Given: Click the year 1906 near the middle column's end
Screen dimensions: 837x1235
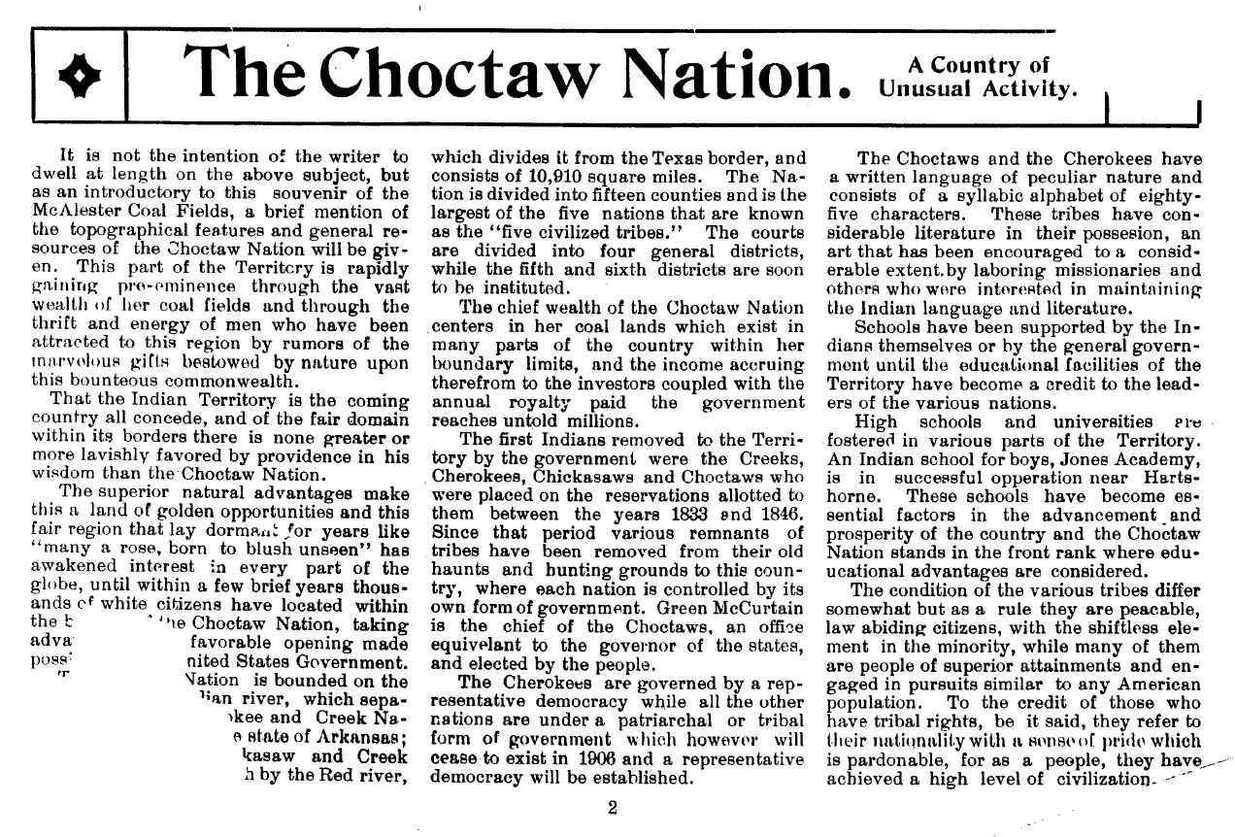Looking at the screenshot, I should click(x=565, y=757).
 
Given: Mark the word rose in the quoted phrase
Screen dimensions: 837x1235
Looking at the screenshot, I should click(x=148, y=551).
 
